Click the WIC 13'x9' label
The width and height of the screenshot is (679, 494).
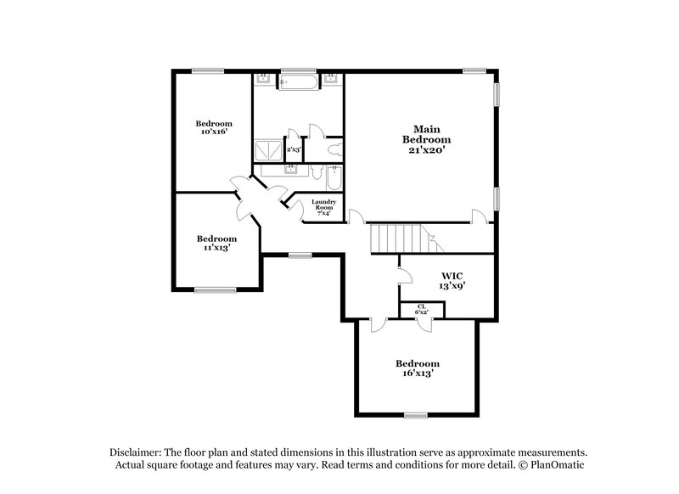(x=451, y=281)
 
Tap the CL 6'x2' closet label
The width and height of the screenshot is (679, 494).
(x=421, y=309)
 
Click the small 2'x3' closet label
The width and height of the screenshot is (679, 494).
(x=294, y=149)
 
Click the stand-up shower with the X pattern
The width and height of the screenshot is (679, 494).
(x=268, y=150)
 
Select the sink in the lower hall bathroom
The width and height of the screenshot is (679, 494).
(x=292, y=169)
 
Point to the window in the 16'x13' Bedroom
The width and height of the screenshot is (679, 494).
(x=415, y=414)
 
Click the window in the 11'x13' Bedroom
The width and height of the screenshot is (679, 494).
(x=215, y=290)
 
